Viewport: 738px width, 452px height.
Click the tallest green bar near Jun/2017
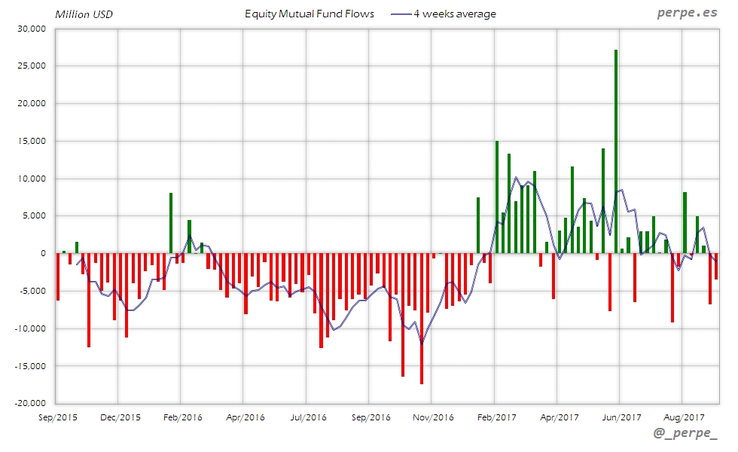(616, 151)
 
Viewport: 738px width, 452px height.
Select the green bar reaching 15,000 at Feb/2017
(497, 196)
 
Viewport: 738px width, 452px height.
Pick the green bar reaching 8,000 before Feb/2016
(171, 223)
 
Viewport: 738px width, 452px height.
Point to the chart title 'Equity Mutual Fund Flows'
(310, 14)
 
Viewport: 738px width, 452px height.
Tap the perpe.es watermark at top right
(686, 14)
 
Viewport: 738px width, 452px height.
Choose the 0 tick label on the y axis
(43, 253)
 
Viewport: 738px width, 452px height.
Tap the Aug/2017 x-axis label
(683, 416)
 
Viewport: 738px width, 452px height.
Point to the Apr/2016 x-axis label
(244, 416)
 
